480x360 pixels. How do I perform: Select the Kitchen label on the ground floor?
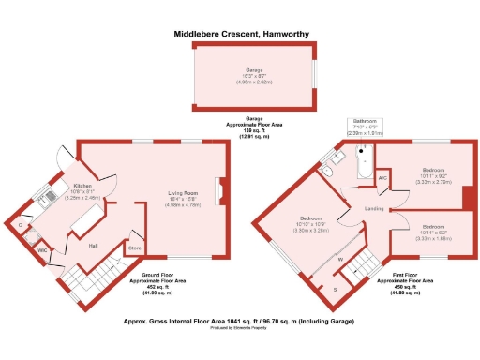coord(83,186)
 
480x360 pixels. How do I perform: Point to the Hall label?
coord(94,245)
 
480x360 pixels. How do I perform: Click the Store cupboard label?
coord(135,247)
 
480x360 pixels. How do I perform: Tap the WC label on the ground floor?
coord(43,251)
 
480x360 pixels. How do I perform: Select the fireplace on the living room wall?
coord(218,190)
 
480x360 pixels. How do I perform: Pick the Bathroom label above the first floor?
coord(365,121)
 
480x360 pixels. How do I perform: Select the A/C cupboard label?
coord(382,178)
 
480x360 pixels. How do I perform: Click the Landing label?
coord(373,208)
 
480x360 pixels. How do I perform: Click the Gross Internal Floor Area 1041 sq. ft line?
coord(240,321)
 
